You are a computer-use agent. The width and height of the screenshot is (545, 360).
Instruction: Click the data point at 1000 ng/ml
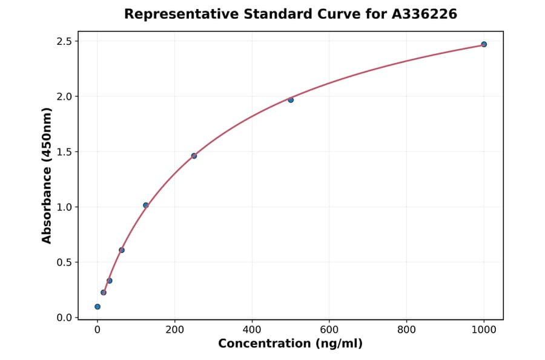[x=484, y=44]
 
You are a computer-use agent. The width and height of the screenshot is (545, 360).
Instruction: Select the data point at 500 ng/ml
[x=291, y=99]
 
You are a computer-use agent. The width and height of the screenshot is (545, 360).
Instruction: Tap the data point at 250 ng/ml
[x=194, y=156]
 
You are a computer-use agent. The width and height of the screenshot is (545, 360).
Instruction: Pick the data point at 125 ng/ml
[x=145, y=205]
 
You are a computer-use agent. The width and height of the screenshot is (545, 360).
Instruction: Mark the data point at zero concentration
[x=97, y=307]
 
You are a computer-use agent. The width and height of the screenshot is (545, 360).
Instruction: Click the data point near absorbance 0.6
[x=122, y=250]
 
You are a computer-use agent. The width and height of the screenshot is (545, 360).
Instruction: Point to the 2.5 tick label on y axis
[x=64, y=41]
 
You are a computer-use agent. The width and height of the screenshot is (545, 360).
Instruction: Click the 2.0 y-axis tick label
[x=64, y=96]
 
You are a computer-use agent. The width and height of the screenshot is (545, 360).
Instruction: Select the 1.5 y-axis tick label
[x=64, y=152]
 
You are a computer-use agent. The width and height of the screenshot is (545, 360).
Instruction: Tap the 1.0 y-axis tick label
[x=64, y=207]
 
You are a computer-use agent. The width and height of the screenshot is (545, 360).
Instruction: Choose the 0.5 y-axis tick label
[x=64, y=262]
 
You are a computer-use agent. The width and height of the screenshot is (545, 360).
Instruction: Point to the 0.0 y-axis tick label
[x=64, y=318]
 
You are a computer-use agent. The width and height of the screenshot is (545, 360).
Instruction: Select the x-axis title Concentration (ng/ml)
[x=291, y=344]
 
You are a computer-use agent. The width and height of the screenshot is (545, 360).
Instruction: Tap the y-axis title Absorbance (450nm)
[x=47, y=176]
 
